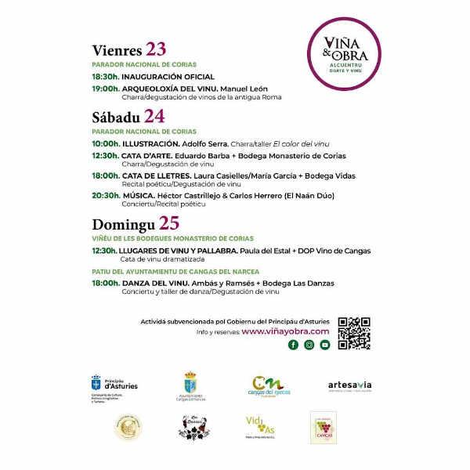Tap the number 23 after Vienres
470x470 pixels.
pos(150,49)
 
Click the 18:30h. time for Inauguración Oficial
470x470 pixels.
pos(105,77)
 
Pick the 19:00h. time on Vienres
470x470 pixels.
pos(105,89)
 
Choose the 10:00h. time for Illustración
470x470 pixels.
pos(105,144)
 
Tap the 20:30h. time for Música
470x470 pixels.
pos(105,195)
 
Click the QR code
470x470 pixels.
pos(353,333)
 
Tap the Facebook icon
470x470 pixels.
pos(294,345)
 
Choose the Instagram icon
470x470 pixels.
pos(309,345)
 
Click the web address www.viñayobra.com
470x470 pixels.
pos(285,332)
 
